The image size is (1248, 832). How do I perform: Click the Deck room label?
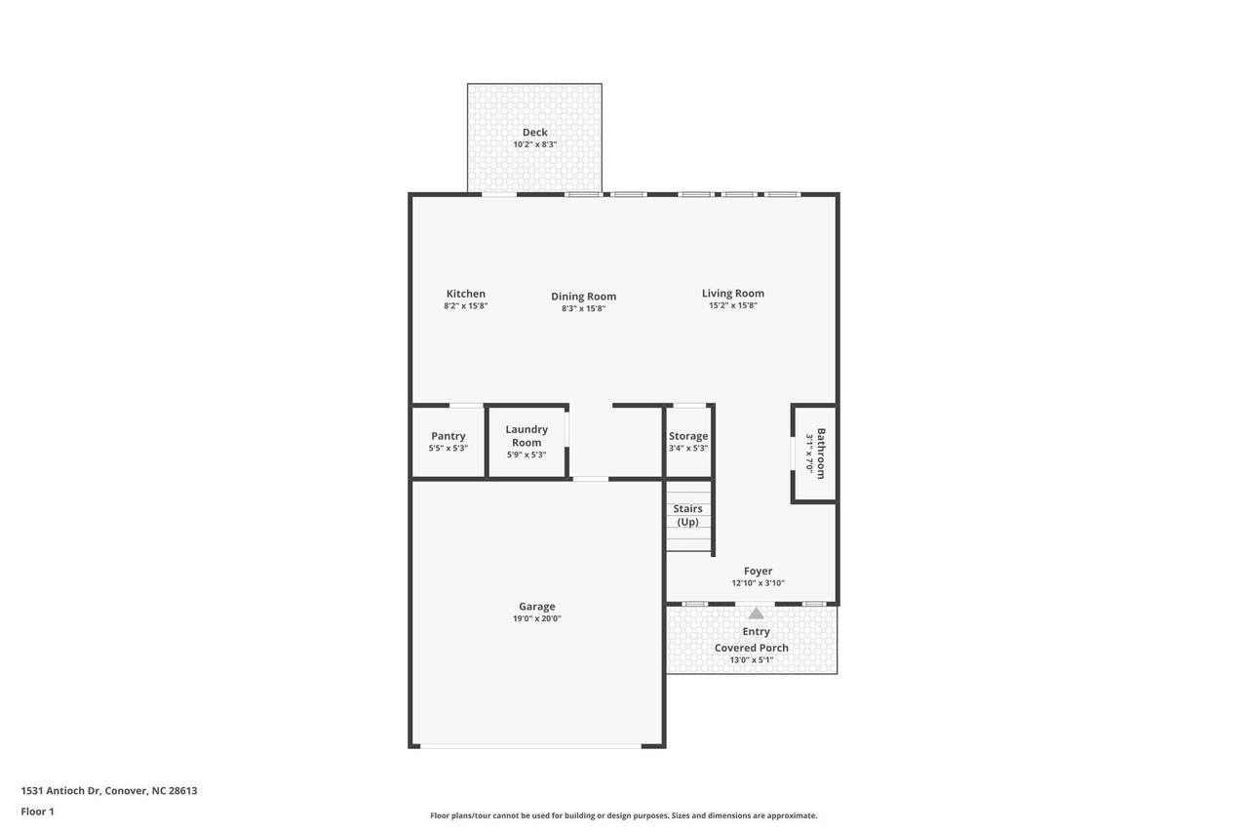(535, 132)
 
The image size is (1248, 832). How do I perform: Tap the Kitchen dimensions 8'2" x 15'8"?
(466, 306)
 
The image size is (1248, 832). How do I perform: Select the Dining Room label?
(584, 297)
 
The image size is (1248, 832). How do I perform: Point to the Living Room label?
(732, 294)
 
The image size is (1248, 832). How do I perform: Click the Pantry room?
(448, 442)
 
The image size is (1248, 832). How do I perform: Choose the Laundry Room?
(526, 442)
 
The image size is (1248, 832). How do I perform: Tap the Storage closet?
(688, 442)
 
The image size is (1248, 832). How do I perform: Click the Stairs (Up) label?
(687, 515)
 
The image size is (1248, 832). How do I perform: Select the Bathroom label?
(821, 454)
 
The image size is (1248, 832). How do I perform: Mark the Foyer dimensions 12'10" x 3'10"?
(758, 583)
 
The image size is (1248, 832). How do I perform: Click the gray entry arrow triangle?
(756, 613)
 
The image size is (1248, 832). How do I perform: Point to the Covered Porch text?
(751, 648)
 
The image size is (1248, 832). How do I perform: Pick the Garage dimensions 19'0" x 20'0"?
(537, 618)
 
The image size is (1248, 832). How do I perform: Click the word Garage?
(537, 607)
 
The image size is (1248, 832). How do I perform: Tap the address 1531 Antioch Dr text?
(60, 791)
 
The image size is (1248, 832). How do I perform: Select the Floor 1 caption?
(37, 812)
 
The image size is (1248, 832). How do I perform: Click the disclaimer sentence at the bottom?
(623, 815)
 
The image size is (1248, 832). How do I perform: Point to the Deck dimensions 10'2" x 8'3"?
(535, 144)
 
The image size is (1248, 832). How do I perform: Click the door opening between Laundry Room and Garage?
(591, 479)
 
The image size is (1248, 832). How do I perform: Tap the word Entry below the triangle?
(756, 632)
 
